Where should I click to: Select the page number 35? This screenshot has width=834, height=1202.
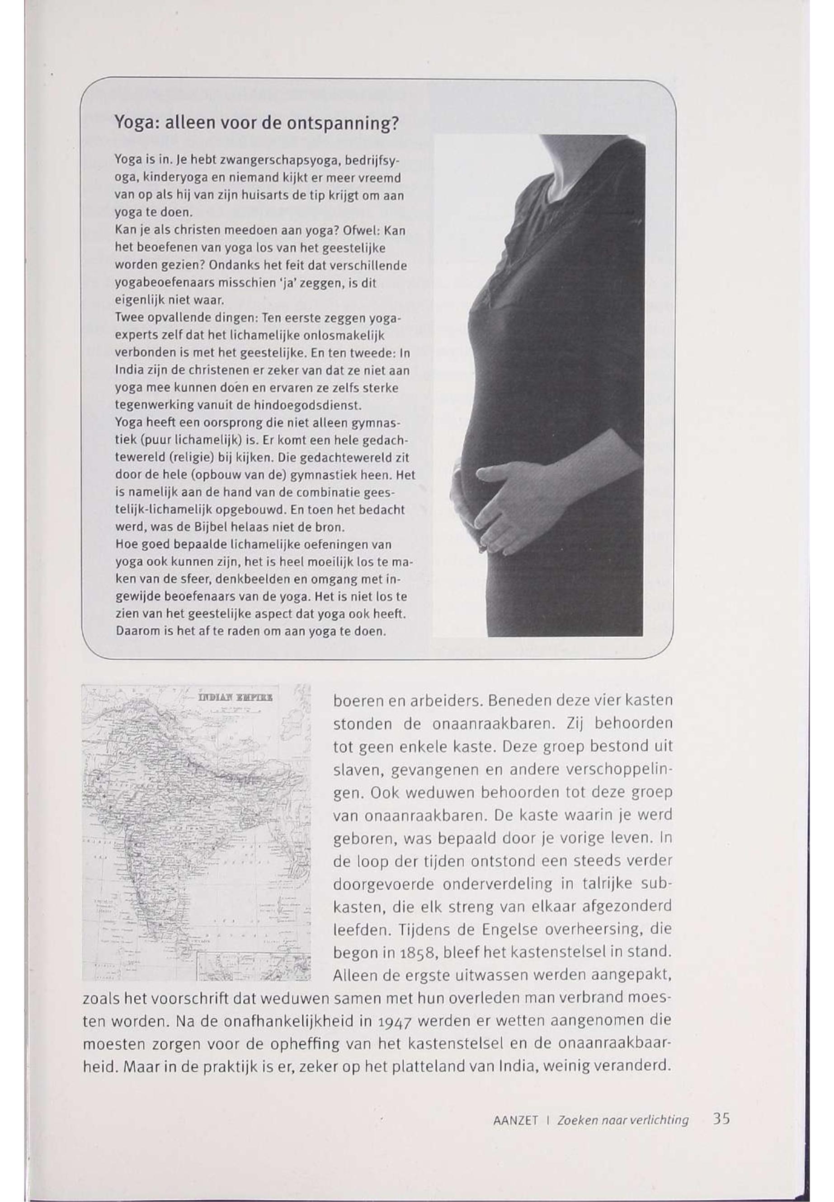[721, 1119]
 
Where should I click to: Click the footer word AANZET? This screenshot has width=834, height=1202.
[515, 1121]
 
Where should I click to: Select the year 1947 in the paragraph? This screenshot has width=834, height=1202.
[393, 1020]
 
